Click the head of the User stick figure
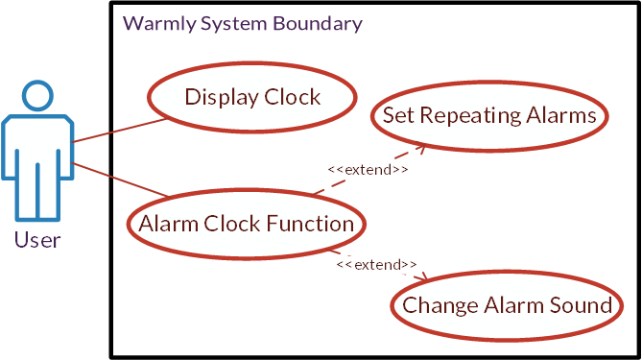37,97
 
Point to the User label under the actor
37,240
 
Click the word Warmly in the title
156,24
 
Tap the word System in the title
233,24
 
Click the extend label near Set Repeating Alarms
368,170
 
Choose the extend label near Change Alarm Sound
376,264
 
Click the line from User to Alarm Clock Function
120,180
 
